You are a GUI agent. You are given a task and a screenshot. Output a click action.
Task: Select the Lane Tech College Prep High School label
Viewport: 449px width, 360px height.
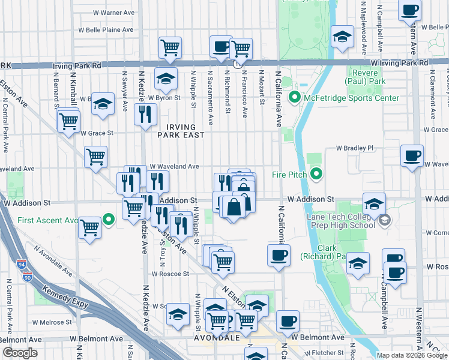coord(340,221)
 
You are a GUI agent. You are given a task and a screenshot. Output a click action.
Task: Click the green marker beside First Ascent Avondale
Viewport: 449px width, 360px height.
coord(108,220)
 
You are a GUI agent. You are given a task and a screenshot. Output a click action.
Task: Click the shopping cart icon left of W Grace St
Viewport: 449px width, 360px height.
coord(68,121)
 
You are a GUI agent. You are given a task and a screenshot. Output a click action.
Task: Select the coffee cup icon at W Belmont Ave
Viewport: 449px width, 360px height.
coord(288,321)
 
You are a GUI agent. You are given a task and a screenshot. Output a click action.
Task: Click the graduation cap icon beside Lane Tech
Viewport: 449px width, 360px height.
coord(374,204)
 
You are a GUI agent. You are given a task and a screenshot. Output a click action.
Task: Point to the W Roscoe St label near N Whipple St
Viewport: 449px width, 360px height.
coord(170,274)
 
